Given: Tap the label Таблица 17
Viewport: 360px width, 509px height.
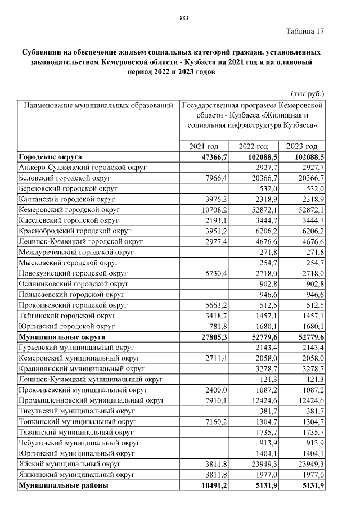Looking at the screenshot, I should pyautogui.click(x=305, y=30).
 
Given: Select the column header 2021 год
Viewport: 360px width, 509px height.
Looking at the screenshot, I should pyautogui.click(x=205, y=146).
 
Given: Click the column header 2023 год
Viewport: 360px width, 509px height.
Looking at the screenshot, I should pyautogui.click(x=306, y=146).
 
